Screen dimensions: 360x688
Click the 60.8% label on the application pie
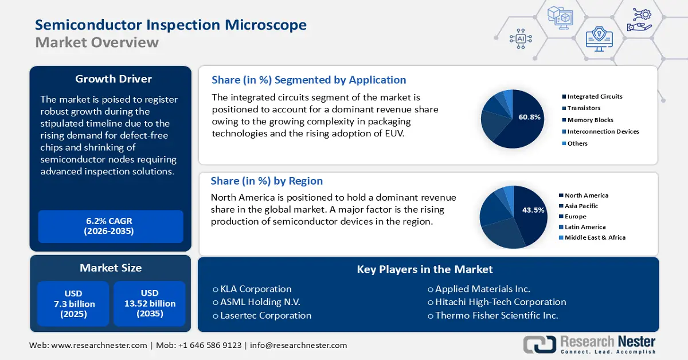coord(530,117)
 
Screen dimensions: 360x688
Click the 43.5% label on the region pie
coord(533,210)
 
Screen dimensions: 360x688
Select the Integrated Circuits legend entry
coord(595,96)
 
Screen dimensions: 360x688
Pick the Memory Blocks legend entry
coord(590,120)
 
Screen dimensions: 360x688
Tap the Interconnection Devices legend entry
coord(603,131)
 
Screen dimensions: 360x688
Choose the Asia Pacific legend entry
coord(581,206)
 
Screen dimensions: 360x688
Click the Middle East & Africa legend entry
coord(595,237)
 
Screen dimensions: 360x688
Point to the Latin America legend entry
coord(585,227)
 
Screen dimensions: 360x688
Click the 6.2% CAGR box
coord(110,226)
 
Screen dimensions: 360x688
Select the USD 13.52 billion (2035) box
coord(150,304)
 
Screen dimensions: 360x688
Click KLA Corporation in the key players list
coord(252,289)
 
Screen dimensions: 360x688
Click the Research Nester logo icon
coord(539,344)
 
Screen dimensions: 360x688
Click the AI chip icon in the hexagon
coord(521,38)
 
